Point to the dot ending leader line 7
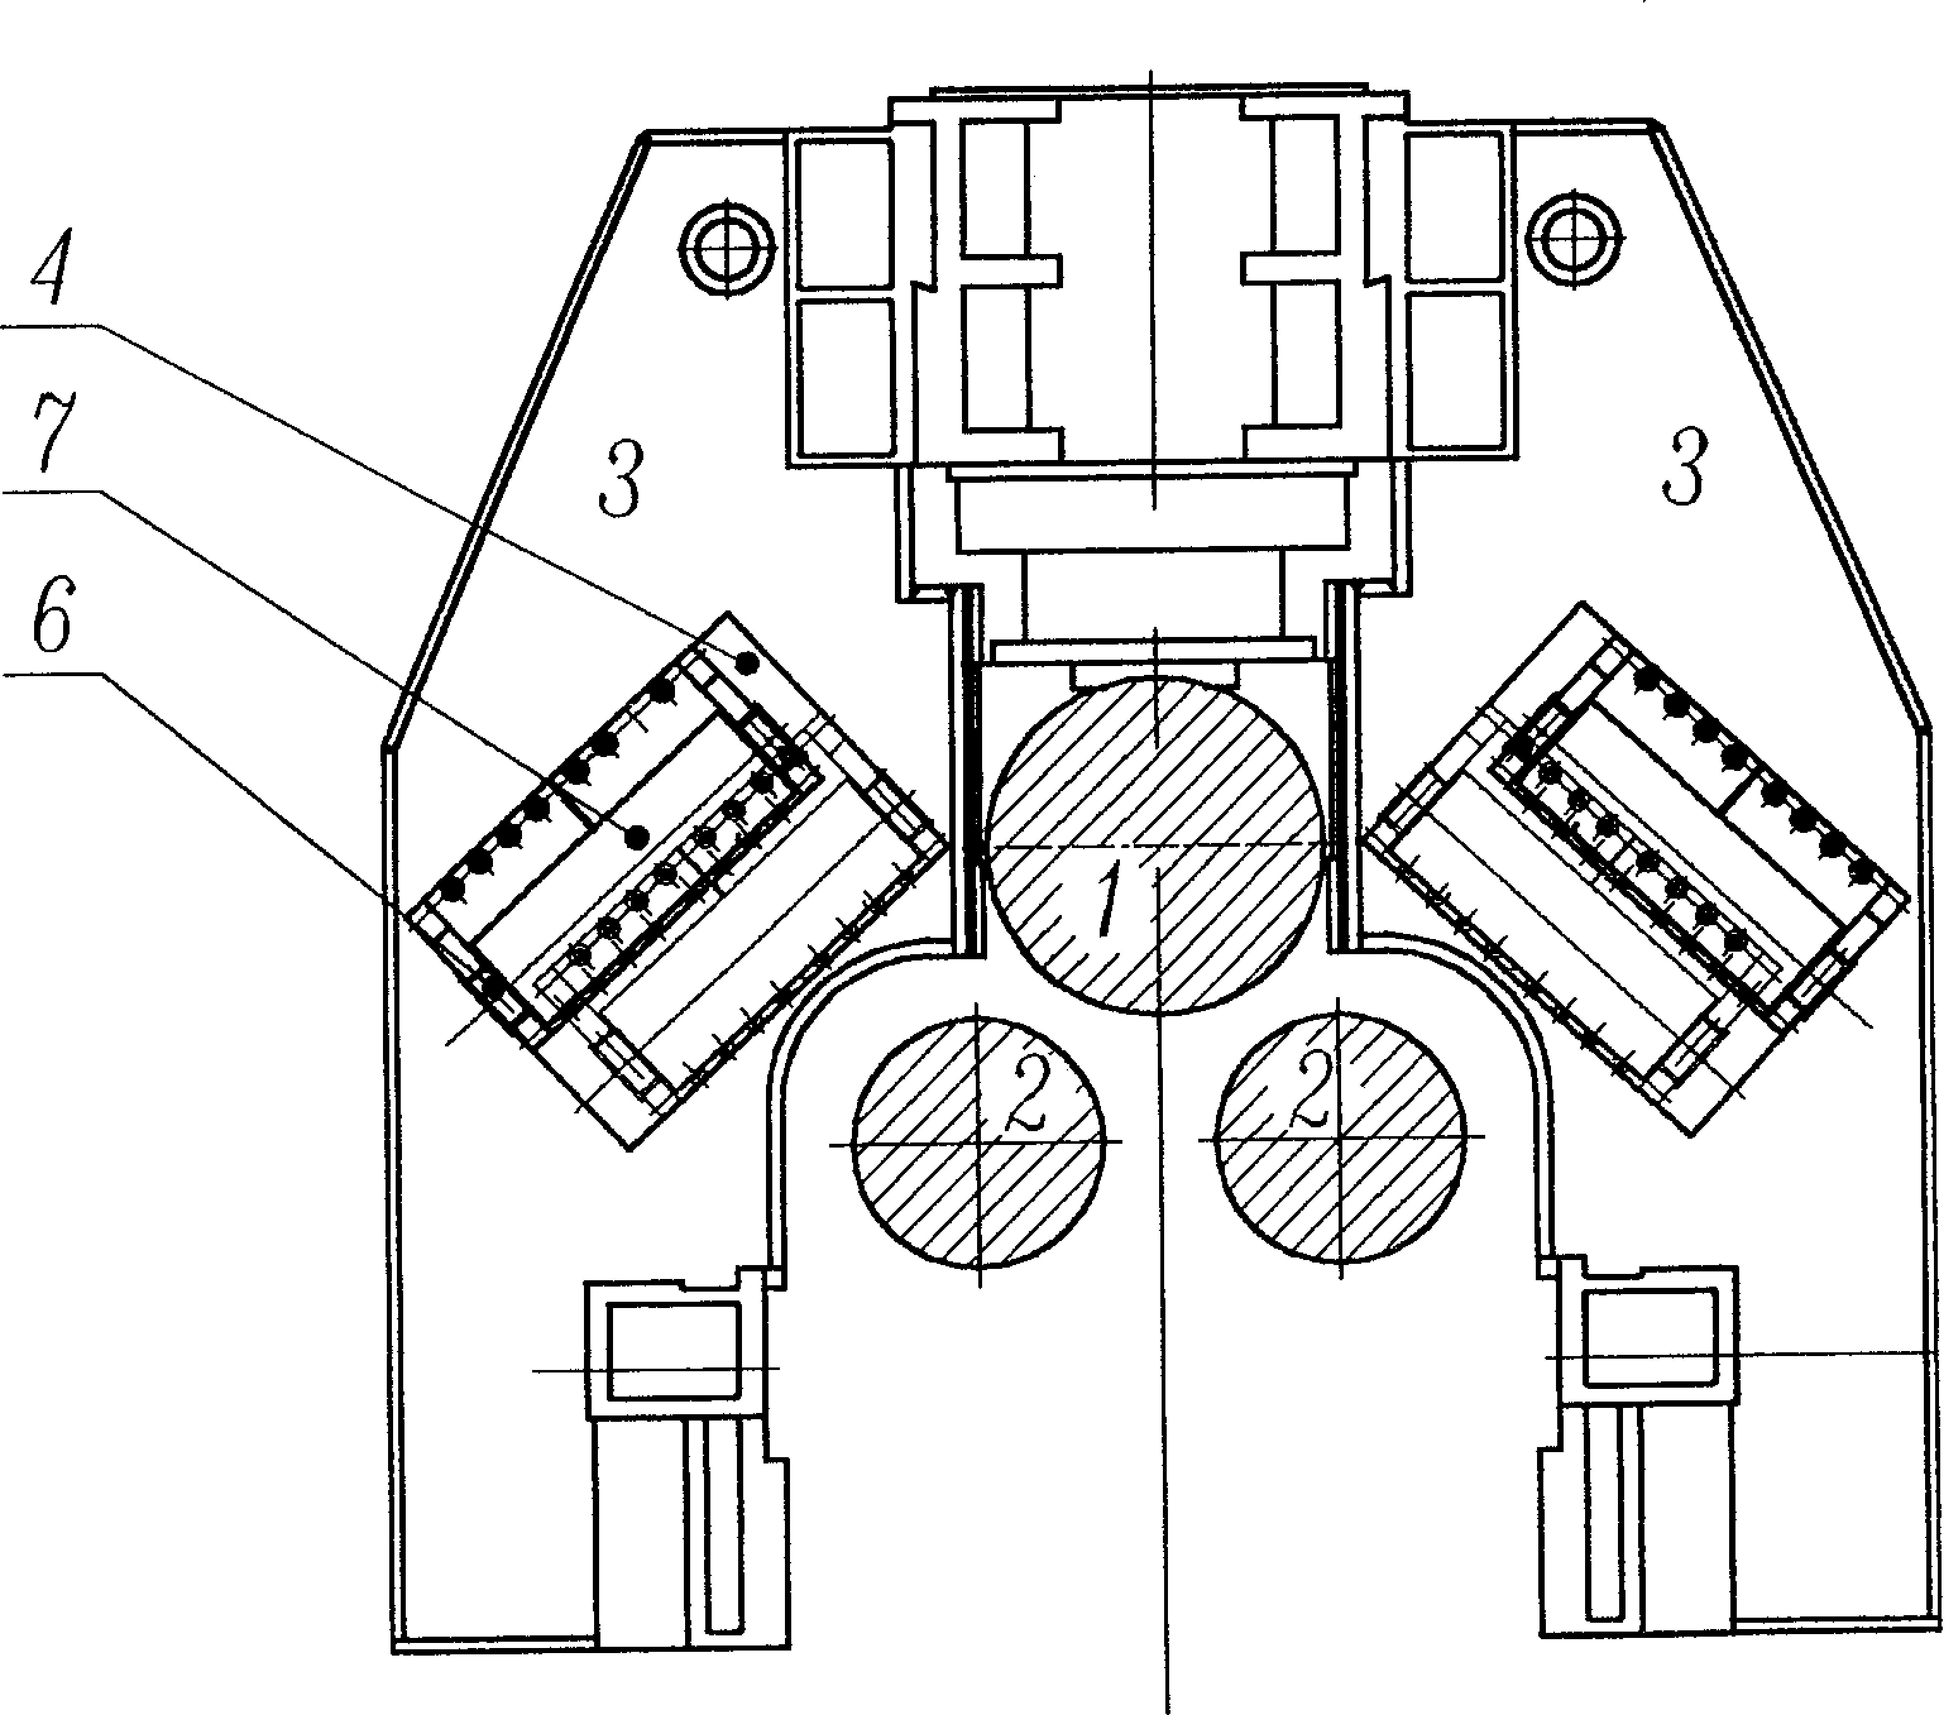[x=634, y=837]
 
